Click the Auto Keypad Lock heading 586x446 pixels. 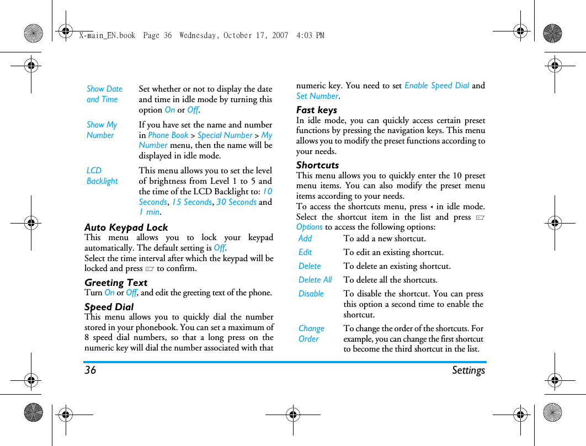[x=126, y=227]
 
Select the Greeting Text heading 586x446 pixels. [x=116, y=283]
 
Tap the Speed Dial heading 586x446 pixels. [x=109, y=307]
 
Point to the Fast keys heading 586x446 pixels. [x=317, y=110]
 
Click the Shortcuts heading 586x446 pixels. [x=318, y=165]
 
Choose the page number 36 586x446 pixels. [x=90, y=370]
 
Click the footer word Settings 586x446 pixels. [x=468, y=370]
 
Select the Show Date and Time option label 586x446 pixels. [x=104, y=94]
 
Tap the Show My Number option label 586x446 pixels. [x=102, y=130]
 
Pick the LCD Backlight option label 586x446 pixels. [x=102, y=176]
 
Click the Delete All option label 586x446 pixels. [x=315, y=280]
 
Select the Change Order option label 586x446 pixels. [x=311, y=333]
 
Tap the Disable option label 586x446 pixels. [x=311, y=294]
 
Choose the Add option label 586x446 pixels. [x=305, y=238]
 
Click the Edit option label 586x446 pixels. [x=305, y=252]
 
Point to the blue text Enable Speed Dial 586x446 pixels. [x=436, y=86]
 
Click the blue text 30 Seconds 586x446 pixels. [x=236, y=202]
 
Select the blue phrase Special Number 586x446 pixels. [x=225, y=135]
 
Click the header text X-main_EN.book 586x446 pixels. [x=107, y=35]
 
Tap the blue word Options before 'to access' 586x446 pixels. [x=310, y=227]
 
